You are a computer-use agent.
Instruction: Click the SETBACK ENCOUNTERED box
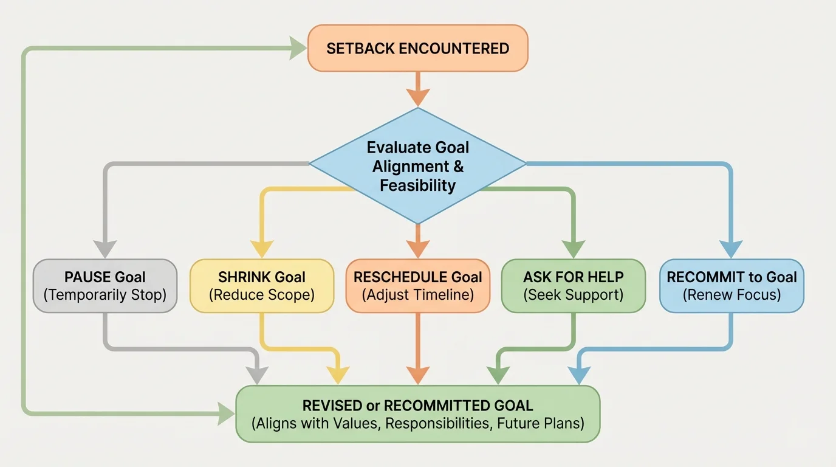pos(417,49)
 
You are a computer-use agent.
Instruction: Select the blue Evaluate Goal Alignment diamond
pos(417,165)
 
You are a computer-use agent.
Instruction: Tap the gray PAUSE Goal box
pos(105,286)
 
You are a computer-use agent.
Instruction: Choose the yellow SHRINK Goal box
pos(262,286)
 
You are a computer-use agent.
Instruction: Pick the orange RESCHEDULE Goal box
pos(417,286)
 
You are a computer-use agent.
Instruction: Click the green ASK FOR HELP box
pos(573,286)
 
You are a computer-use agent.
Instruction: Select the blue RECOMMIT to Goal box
pos(731,286)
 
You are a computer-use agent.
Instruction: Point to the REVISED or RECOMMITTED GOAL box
pos(417,413)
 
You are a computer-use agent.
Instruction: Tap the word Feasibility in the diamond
pos(417,185)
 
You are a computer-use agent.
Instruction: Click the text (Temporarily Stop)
pos(105,296)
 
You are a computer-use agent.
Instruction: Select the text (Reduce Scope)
pos(262,296)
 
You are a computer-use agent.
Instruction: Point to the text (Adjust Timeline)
pos(417,296)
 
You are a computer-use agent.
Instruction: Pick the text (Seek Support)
pos(573,296)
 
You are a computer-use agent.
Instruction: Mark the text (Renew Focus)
pos(731,296)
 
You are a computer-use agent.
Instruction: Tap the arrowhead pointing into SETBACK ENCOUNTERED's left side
pos(298,49)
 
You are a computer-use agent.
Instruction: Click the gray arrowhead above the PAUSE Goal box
pos(105,249)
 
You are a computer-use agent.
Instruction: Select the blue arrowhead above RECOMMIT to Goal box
pos(731,249)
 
